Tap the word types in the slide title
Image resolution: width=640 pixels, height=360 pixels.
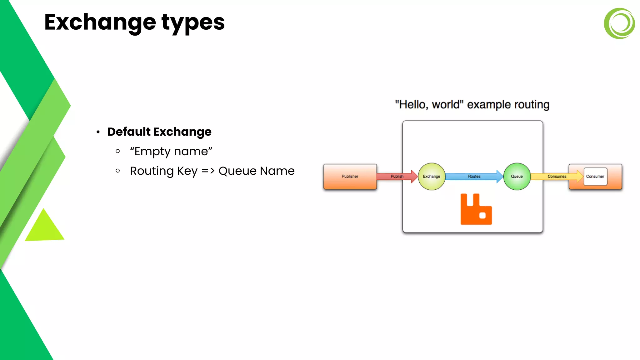[x=193, y=23]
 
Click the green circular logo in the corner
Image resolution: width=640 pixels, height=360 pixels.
[x=619, y=23]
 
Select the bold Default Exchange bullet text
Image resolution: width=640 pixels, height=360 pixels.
[x=159, y=132]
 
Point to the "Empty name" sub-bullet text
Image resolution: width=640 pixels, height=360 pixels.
[x=171, y=152]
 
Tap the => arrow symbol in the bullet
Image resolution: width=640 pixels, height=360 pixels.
[x=208, y=171]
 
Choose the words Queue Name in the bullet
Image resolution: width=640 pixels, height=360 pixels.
[x=256, y=171]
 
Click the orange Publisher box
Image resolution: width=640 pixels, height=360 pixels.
[x=350, y=177]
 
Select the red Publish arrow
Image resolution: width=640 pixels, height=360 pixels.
[x=396, y=177]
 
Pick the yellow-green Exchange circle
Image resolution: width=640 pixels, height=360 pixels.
[x=432, y=177]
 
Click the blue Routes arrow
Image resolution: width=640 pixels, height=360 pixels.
[x=474, y=177]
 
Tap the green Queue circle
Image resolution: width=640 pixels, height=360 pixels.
[x=517, y=177]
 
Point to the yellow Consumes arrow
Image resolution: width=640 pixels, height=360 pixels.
[x=556, y=177]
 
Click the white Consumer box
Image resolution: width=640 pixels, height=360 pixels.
[x=595, y=177]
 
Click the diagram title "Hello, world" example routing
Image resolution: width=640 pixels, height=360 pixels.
[x=472, y=105]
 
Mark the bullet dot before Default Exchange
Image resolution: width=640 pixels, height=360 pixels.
[x=98, y=132]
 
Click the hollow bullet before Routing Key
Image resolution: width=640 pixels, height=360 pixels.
[x=118, y=171]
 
